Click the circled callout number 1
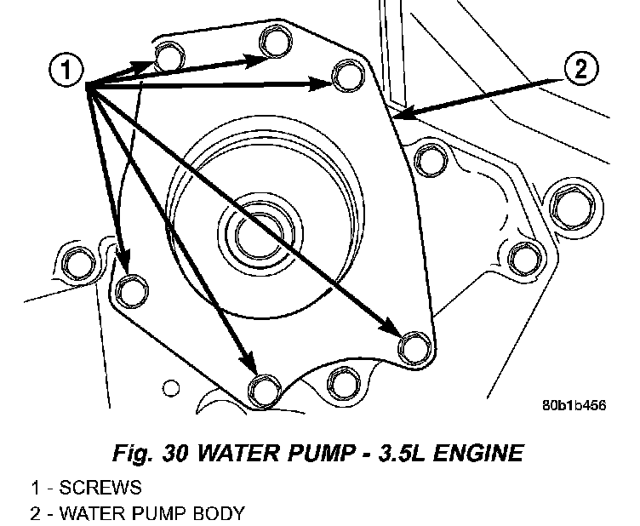pyautogui.click(x=66, y=70)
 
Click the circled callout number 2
pyautogui.click(x=581, y=68)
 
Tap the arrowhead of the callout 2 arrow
pyautogui.click(x=406, y=112)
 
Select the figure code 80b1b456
pyautogui.click(x=574, y=405)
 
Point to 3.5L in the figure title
pyautogui.click(x=401, y=453)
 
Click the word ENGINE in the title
pyautogui.click(x=478, y=453)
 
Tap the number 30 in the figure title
pyautogui.click(x=175, y=453)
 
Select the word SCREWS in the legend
pyautogui.click(x=100, y=488)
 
